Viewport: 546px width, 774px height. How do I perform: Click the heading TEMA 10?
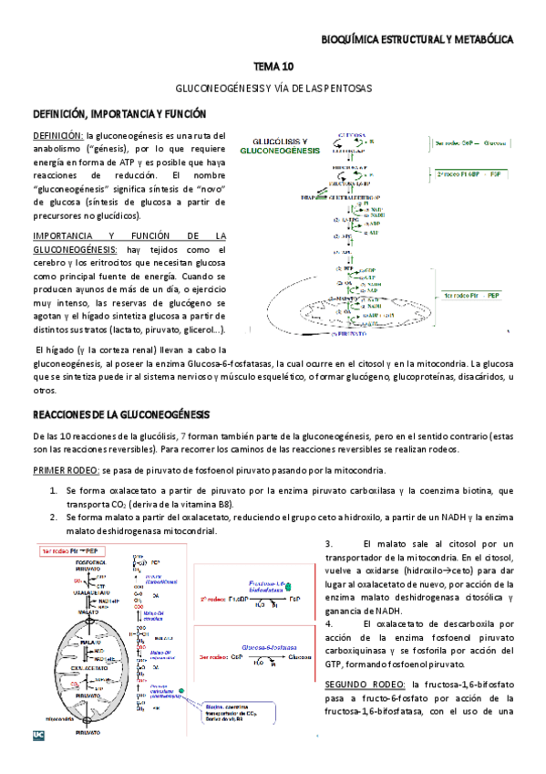[273, 67]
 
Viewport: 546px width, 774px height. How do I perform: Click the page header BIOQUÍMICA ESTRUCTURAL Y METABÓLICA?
[418, 39]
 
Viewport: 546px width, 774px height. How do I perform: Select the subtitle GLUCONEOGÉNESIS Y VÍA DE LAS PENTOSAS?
[273, 89]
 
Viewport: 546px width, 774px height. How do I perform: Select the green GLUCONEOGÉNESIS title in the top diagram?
[273, 150]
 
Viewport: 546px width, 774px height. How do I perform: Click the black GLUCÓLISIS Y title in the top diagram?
[273, 140]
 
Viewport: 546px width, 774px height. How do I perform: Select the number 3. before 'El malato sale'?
[328, 544]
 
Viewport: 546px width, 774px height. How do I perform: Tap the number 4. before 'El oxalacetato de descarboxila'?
[328, 624]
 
